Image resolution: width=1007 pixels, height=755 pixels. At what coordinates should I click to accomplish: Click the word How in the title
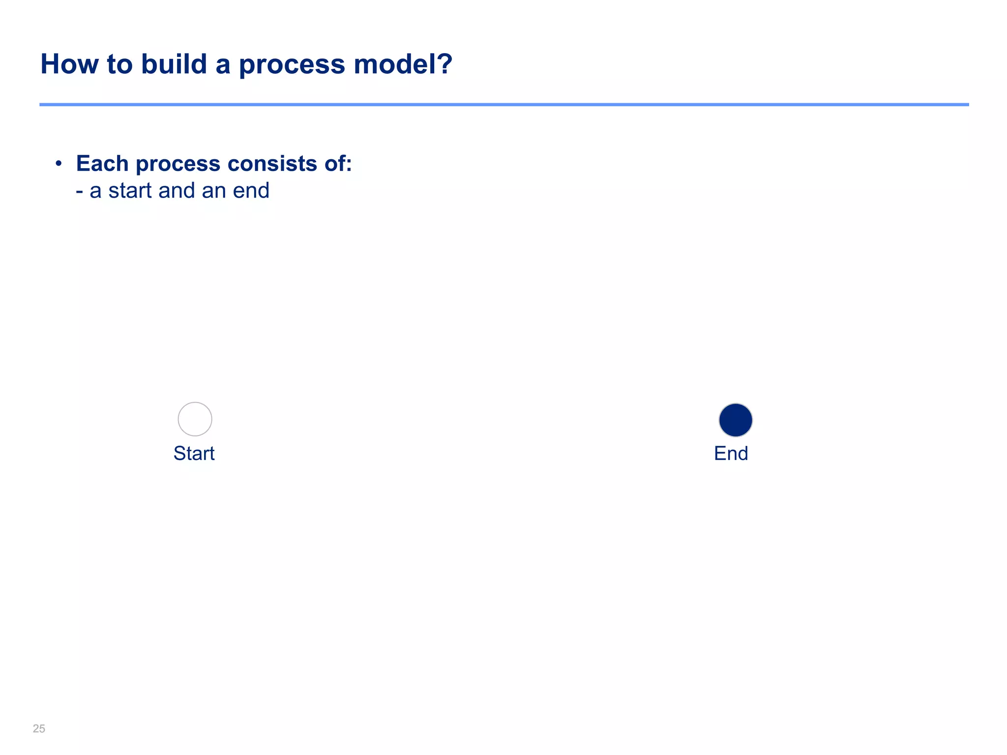point(69,64)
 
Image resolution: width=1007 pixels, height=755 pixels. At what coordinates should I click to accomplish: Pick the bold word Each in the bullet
point(102,164)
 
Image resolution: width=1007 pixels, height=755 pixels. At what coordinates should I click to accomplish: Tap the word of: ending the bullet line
point(338,164)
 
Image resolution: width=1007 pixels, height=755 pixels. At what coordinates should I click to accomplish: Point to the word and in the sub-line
point(177,191)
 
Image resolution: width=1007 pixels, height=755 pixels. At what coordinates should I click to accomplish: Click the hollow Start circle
point(195,419)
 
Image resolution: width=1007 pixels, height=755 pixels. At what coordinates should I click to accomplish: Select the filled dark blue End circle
point(735,420)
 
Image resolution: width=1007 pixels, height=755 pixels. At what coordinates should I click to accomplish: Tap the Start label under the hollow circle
point(194,453)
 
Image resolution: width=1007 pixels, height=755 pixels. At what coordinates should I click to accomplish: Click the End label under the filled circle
point(731,453)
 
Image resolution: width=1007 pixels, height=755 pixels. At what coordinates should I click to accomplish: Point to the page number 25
point(39,728)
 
